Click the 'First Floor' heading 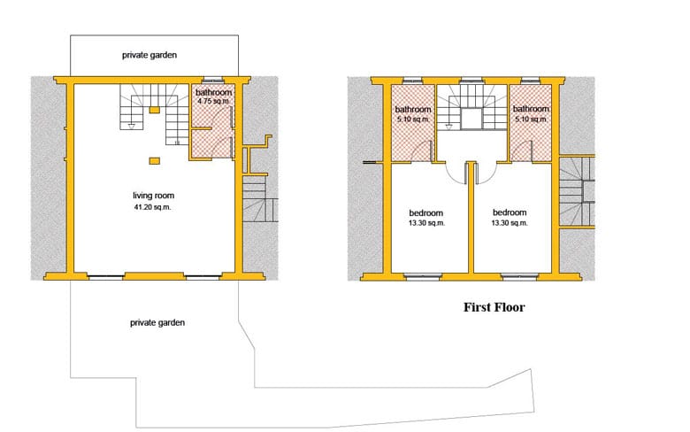tap(494, 307)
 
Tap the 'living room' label tap(154, 195)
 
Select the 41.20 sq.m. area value tap(152, 207)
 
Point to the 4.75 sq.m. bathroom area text tap(213, 101)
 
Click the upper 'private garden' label tap(149, 55)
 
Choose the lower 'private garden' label tap(157, 322)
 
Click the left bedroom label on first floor tap(426, 212)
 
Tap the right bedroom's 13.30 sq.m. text tap(510, 223)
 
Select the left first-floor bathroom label tap(413, 109)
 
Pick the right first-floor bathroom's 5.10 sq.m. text tap(531, 119)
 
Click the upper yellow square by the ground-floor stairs tap(154, 110)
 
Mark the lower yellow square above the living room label tap(154, 161)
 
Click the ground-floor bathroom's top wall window tap(212, 81)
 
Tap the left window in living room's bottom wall tap(105, 277)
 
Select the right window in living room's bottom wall tap(203, 277)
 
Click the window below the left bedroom tap(423, 277)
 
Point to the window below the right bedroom tap(519, 277)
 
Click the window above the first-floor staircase tap(471, 81)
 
